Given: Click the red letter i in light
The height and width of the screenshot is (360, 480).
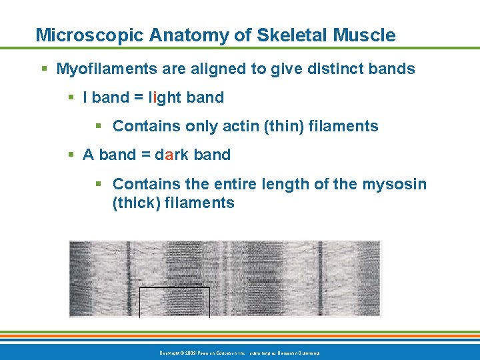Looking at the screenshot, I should [x=155, y=97].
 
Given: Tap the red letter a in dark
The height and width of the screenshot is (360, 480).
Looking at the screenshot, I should [x=169, y=155].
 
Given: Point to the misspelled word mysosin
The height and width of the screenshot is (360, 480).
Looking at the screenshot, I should [x=395, y=183].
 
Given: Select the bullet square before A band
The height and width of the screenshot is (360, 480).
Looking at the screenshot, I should [x=71, y=155].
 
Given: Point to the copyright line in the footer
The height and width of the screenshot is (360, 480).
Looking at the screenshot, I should [x=239, y=352].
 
